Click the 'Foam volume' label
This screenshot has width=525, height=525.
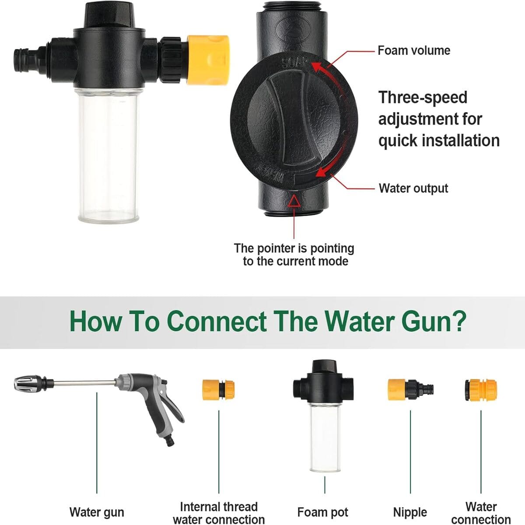pyautogui.click(x=413, y=51)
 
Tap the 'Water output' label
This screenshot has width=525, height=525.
pyautogui.click(x=413, y=189)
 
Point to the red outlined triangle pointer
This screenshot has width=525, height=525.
pyautogui.click(x=294, y=201)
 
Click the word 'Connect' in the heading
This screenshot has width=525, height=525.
pyautogui.click(x=217, y=322)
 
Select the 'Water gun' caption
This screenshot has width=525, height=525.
pyautogui.click(x=97, y=512)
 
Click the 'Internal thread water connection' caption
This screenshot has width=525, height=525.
pyautogui.click(x=219, y=513)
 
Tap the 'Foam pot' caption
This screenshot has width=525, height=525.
pyautogui.click(x=323, y=512)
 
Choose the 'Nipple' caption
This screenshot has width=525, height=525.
pyautogui.click(x=410, y=512)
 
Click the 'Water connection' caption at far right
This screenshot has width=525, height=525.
pyautogui.click(x=481, y=513)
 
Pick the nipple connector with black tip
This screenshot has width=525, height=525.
pyautogui.click(x=410, y=389)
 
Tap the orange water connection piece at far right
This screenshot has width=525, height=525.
pyautogui.click(x=480, y=389)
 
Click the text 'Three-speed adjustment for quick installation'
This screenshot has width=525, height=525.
pyautogui.click(x=439, y=119)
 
